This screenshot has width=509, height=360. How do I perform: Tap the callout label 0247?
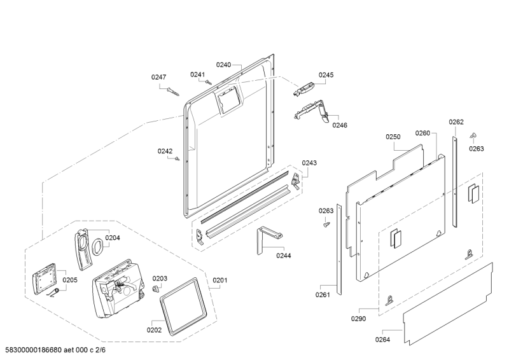click(x=158, y=77)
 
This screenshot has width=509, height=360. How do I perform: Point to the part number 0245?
click(x=326, y=74)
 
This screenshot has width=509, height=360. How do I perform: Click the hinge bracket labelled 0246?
click(x=312, y=111)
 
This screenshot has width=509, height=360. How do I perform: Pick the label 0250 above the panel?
click(x=393, y=137)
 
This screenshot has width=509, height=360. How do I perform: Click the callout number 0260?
click(x=422, y=133)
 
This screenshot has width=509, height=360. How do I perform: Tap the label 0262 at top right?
click(x=456, y=122)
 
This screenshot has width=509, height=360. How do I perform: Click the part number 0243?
click(x=309, y=163)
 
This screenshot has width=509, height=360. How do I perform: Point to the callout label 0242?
click(x=165, y=151)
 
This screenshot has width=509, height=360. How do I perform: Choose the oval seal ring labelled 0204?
click(x=97, y=247)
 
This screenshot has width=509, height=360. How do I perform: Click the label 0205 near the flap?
click(x=70, y=280)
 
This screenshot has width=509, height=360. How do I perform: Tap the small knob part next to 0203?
click(x=155, y=289)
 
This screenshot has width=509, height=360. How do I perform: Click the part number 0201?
click(x=220, y=280)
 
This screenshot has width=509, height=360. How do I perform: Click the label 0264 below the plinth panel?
click(x=382, y=340)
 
